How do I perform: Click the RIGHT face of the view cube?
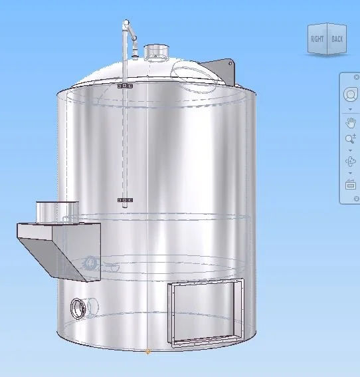(317, 39)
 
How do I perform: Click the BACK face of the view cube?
(337, 39)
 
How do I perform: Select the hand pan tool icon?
(350, 122)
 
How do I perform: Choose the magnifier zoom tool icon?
(350, 139)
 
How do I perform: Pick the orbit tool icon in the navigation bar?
(350, 162)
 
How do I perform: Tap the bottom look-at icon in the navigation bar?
(350, 185)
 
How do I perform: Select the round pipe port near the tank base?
(78, 308)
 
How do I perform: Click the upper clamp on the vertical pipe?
(125, 86)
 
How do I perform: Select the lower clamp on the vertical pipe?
(125, 199)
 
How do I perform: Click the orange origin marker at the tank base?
(147, 352)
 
